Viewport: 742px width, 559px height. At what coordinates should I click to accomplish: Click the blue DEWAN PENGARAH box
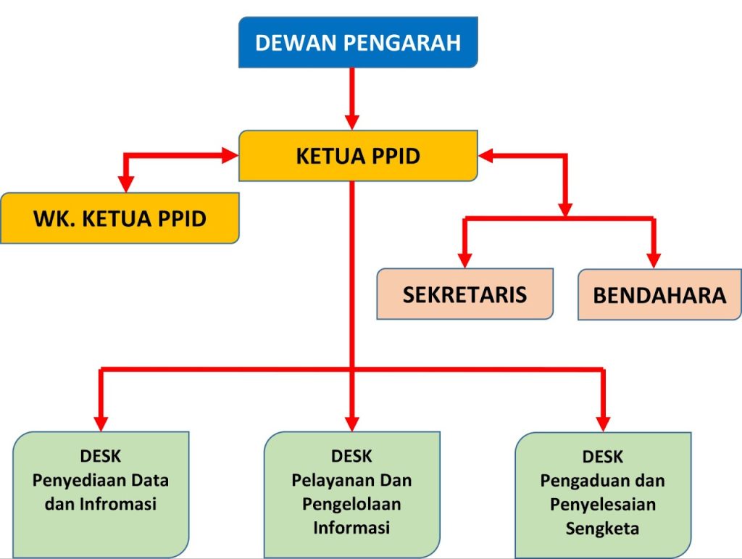[358, 43]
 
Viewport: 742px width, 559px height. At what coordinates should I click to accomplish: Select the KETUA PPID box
[358, 156]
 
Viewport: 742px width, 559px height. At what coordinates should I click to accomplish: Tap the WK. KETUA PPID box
[120, 218]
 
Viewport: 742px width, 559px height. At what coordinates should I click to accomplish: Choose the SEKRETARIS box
[464, 294]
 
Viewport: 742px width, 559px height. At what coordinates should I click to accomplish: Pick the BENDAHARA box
[659, 295]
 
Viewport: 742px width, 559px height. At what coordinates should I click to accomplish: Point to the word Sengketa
[603, 528]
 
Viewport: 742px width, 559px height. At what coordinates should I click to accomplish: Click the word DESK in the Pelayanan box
[351, 457]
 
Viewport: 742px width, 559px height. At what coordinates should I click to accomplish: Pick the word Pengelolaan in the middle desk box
[351, 504]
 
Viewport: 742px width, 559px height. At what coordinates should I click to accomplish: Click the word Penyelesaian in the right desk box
[603, 505]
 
